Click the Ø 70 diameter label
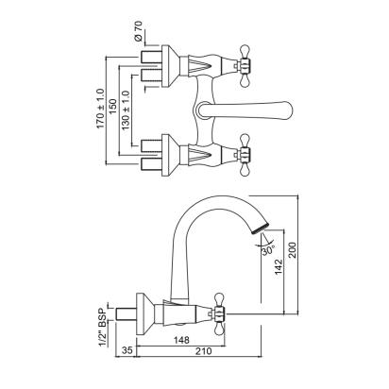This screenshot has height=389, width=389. [x=138, y=31]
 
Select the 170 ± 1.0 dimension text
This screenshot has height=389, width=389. [x=100, y=109]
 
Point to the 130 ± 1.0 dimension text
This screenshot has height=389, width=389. [x=126, y=110]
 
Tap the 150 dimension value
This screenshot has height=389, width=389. [x=113, y=107]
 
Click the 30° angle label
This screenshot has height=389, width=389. [x=268, y=250]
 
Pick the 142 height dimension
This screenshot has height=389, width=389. [x=279, y=266]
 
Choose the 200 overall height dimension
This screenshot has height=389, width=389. [x=293, y=250]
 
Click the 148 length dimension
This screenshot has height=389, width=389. [x=181, y=340]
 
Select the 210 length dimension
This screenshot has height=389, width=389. [x=203, y=351]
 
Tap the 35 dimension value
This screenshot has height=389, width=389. [x=126, y=351]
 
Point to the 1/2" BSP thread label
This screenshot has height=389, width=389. [x=102, y=326]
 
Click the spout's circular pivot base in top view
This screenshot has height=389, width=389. [x=203, y=110]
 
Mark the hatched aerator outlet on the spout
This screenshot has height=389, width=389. [x=261, y=228]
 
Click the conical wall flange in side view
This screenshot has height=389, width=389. [x=144, y=313]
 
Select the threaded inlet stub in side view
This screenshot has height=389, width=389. [x=126, y=313]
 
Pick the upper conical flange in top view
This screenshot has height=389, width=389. [x=171, y=66]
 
